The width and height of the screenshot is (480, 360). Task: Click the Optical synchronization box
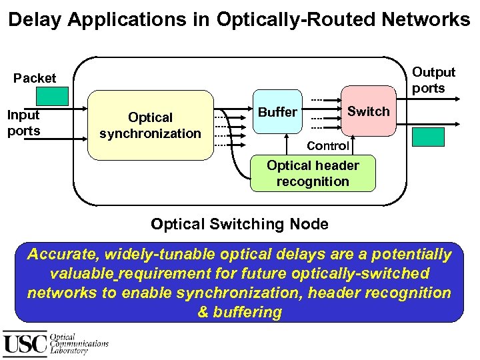tap(150, 125)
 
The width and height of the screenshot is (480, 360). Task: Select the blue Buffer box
tap(277, 112)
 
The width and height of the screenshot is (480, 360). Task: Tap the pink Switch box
tap(367, 111)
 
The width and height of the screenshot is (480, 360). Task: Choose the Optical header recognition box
tap(313, 173)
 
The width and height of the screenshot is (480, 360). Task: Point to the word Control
tap(328, 145)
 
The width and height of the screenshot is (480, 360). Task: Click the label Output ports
tap(433, 80)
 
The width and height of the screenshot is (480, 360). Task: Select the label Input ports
tap(23, 123)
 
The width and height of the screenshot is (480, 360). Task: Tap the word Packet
tap(35, 78)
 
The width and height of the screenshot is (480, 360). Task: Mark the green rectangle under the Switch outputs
tap(428, 137)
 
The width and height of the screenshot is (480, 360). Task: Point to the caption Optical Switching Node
tap(239, 224)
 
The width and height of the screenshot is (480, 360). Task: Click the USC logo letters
tap(25, 344)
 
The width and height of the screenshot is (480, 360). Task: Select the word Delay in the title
tap(31, 20)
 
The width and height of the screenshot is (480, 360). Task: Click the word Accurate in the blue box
tap(63, 255)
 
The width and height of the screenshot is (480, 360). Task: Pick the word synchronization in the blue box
tap(238, 293)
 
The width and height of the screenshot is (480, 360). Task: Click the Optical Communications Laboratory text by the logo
tap(79, 344)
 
